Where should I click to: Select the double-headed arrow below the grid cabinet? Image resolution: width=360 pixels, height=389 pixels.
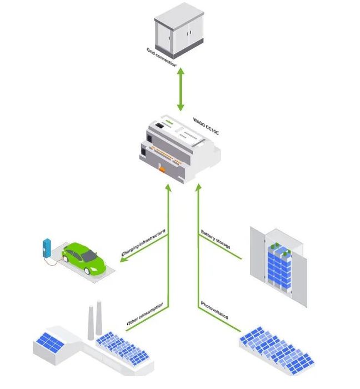(180, 89)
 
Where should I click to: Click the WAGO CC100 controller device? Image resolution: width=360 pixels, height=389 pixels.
(178, 149)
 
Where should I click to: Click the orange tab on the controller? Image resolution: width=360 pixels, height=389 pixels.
(162, 168)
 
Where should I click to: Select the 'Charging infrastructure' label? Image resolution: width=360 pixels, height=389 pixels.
(144, 243)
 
